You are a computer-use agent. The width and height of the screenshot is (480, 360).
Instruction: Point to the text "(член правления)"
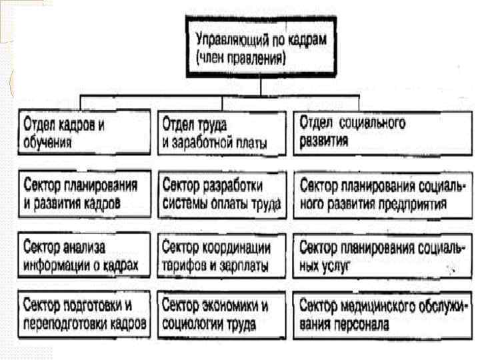(x=241, y=58)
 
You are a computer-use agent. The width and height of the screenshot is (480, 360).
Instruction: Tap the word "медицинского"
(x=376, y=306)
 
